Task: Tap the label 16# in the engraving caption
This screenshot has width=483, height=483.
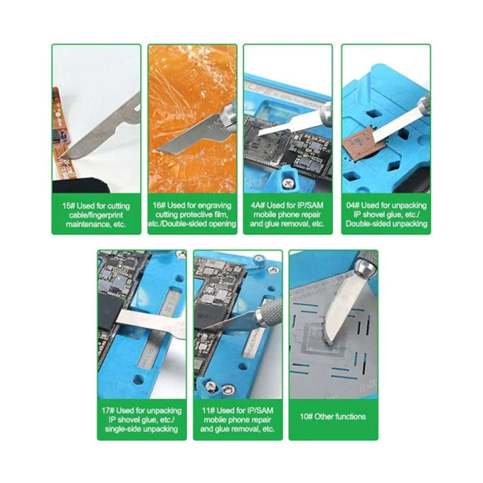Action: point(159,206)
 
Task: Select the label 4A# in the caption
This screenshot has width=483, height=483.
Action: point(258,206)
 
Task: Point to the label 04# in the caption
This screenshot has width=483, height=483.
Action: point(353,206)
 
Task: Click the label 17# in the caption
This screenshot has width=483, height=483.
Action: point(108,410)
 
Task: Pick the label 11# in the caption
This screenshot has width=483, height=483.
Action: point(208,410)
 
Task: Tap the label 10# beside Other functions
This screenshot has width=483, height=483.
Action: point(306,417)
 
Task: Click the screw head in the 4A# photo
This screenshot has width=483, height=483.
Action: point(287,183)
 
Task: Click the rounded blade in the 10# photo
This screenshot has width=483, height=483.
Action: point(341,310)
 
